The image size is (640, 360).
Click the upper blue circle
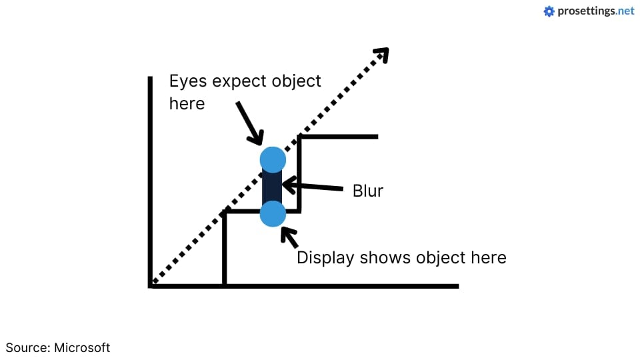273,160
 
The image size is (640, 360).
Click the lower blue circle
273,214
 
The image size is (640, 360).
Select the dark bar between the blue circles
273,187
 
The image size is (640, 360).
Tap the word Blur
368,191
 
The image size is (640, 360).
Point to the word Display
325,258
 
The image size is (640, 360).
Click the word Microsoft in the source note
82,347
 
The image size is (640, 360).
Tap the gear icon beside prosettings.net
549,11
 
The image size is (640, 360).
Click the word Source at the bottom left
26,347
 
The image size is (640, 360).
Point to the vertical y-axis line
150,180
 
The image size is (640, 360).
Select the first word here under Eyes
187,104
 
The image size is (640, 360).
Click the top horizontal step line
339,137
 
